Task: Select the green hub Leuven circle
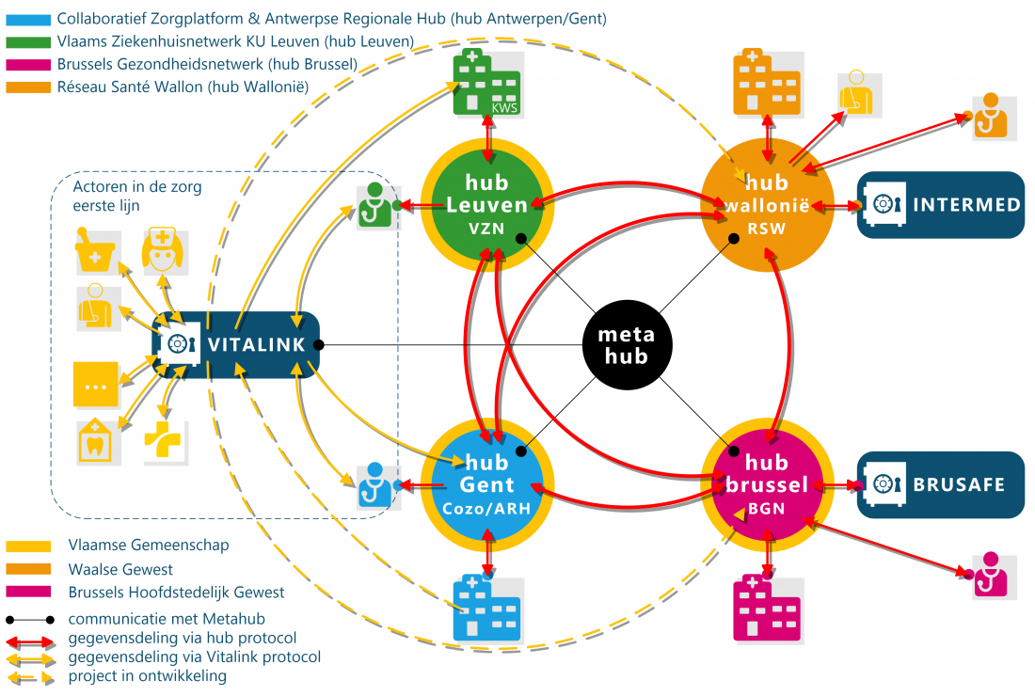click(x=486, y=202)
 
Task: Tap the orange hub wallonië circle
click(x=769, y=202)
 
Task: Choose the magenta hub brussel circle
click(x=769, y=485)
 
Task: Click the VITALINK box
click(x=236, y=344)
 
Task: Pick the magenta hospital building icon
click(x=767, y=607)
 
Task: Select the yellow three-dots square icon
click(x=96, y=385)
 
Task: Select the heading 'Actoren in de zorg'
click(x=137, y=186)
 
